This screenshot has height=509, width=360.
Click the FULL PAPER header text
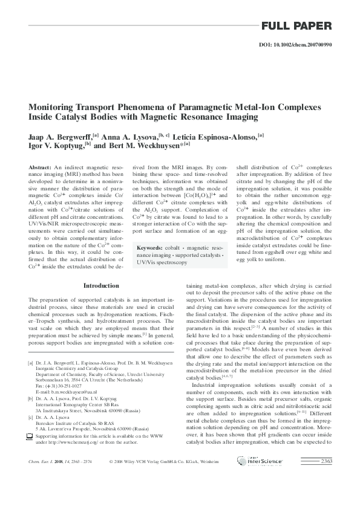coord(296,26)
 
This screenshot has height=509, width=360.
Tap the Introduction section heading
coord(102,285)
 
